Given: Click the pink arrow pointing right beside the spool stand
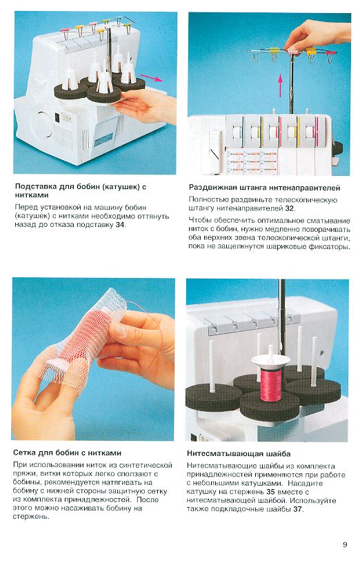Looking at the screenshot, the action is (150, 78).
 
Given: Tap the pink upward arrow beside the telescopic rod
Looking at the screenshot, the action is (280, 86).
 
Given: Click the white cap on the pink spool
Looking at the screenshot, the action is (270, 360).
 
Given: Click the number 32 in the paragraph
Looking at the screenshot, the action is (290, 208).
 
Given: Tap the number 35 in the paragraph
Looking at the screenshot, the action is (270, 492).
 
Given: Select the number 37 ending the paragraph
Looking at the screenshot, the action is (297, 509).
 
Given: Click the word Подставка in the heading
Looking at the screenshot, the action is (36, 187).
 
